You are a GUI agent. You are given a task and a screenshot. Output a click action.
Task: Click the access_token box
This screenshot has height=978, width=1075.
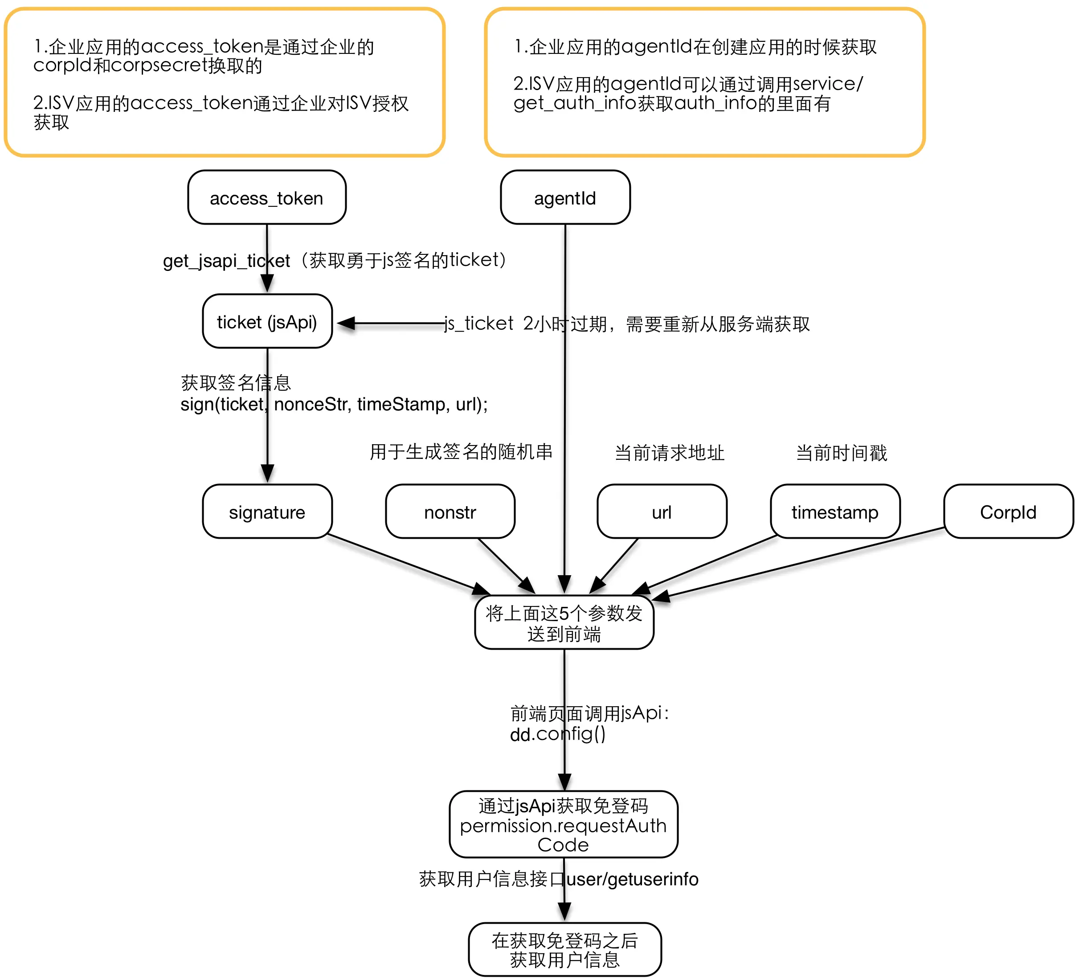pos(266,198)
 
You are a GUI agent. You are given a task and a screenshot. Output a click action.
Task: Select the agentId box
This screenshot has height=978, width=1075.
pos(565,198)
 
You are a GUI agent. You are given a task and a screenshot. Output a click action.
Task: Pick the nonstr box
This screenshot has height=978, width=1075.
pos(450,512)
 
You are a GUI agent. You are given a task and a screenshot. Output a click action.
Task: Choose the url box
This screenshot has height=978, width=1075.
pos(661,512)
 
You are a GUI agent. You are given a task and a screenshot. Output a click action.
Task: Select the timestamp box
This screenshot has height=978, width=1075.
pos(834,512)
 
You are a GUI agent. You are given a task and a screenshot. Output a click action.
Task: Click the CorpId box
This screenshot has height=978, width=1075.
pos(1008,512)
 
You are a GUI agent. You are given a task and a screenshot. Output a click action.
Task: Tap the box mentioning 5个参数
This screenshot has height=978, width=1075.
pos(564,623)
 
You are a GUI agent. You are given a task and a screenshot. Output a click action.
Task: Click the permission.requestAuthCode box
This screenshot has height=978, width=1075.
pos(563,824)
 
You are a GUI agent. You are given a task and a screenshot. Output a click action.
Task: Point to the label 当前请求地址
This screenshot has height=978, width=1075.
pos(669,453)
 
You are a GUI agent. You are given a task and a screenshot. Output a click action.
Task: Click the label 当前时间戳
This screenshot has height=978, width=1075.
pos(841,453)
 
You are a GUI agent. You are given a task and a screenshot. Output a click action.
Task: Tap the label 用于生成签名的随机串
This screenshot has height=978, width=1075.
pos(461,452)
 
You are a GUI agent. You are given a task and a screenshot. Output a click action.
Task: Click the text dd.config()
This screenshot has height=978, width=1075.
pos(558,734)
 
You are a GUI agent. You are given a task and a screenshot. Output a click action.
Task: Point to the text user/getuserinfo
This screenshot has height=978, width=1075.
pos(633,879)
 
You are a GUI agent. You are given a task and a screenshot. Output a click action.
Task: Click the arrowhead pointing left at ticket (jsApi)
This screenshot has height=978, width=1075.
pos(346,323)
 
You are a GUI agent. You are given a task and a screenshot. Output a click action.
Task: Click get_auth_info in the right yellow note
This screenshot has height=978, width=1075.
pos(574,103)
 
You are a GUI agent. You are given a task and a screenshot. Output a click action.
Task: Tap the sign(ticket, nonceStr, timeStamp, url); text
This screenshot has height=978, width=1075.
pos(334,404)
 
